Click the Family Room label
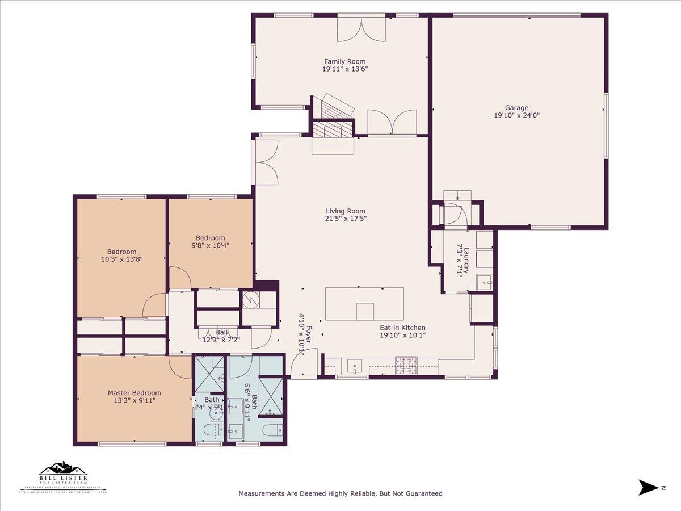344,61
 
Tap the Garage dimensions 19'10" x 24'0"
516,115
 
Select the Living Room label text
345,211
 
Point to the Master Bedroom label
134,393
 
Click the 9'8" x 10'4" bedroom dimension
211,245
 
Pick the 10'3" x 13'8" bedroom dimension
121,259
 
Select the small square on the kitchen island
365,311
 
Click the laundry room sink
484,282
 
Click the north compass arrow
648,487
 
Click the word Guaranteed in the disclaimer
423,494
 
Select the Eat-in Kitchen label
402,328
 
